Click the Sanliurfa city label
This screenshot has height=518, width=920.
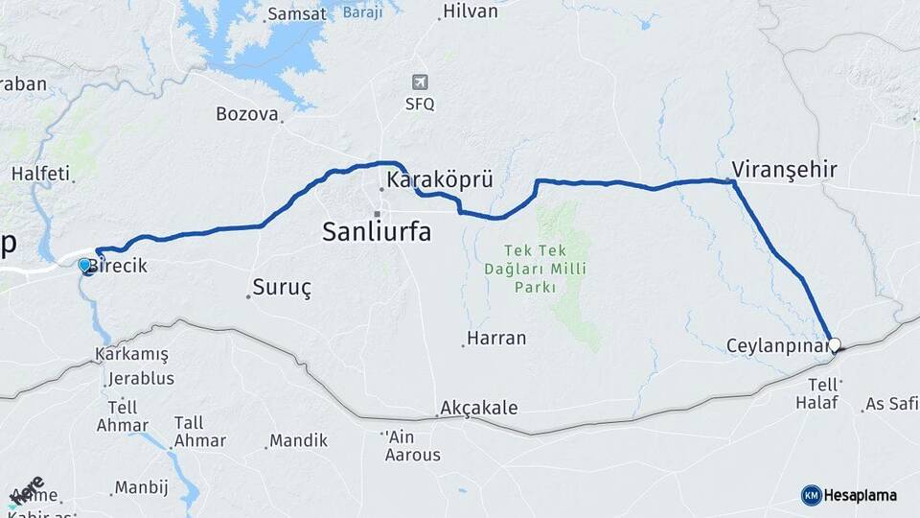(x=377, y=231)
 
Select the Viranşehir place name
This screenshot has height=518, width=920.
(x=784, y=170)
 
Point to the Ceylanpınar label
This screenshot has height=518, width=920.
(x=775, y=344)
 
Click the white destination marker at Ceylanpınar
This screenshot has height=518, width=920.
(x=834, y=344)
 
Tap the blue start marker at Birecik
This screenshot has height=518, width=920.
(x=84, y=265)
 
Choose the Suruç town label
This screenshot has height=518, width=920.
(x=282, y=287)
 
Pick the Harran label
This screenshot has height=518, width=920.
(x=496, y=338)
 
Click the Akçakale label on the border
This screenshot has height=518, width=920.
(x=479, y=408)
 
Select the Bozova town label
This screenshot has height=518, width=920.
(x=246, y=114)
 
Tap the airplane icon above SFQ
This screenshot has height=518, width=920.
(x=420, y=82)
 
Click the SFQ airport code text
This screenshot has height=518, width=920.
(x=420, y=104)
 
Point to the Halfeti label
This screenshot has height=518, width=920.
(x=40, y=174)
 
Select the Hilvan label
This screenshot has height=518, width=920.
(x=471, y=12)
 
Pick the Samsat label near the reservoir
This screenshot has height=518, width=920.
(x=297, y=13)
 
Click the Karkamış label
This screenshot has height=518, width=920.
(x=132, y=354)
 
